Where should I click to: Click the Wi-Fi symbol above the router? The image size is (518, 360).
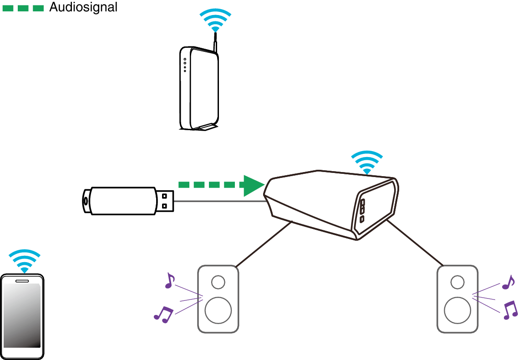(215, 20)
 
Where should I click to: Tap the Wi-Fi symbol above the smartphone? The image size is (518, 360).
(25, 261)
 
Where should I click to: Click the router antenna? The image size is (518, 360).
(215, 46)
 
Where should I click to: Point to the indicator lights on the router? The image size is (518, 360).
(185, 65)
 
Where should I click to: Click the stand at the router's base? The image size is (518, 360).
(207, 127)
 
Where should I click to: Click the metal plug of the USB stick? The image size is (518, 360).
(165, 201)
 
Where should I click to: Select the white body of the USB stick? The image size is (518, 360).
(123, 201)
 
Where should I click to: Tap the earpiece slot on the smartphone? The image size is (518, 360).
(22, 281)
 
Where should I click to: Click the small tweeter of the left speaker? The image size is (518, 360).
(218, 282)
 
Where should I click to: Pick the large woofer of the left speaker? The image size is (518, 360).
(218, 310)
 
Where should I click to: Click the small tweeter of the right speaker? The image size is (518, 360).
(457, 282)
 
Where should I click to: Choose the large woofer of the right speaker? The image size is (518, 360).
(457, 310)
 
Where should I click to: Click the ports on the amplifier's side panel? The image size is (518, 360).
(362, 210)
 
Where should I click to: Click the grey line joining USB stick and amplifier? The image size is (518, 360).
(218, 201)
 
